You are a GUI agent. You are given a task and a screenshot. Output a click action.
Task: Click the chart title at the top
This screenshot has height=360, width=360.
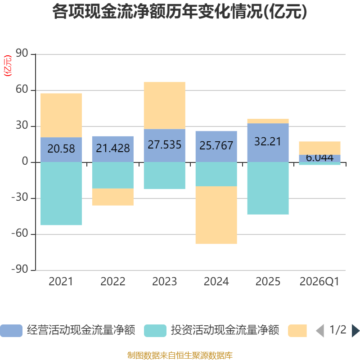[180, 12]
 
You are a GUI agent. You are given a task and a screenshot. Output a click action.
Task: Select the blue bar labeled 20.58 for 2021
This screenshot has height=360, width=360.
[61, 150]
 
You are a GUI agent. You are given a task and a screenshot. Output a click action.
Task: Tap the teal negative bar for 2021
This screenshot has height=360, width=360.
[61, 193]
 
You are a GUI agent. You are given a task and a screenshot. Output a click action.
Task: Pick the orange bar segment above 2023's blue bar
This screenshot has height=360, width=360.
[165, 105]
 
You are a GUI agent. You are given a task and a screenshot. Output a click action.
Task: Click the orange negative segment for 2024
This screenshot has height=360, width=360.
[216, 215]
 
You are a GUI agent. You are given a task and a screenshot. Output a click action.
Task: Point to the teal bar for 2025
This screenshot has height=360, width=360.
[268, 188]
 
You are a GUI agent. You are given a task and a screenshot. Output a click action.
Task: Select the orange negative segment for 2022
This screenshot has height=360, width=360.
[113, 197]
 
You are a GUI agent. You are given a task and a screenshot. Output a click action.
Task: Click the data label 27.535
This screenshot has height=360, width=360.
[165, 144]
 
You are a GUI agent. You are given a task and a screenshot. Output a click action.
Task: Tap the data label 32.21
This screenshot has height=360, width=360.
[268, 141]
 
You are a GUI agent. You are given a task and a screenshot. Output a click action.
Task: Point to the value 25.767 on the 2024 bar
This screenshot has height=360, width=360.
[216, 145]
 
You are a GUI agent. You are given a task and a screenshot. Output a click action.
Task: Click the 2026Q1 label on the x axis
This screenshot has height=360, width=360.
[319, 282]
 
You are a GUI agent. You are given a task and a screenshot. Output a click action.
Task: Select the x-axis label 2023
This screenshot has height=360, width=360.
[165, 282]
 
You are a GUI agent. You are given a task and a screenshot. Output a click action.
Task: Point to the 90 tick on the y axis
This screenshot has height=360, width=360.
[22, 53]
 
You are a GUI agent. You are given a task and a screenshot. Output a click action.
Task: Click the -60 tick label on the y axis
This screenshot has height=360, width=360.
[20, 234]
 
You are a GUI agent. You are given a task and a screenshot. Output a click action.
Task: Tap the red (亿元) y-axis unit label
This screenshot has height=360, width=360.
[8, 66]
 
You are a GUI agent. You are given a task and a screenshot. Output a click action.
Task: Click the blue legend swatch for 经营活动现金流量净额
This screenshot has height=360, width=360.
[11, 331]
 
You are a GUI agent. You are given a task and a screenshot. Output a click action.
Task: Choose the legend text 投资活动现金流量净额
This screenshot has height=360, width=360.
[225, 330]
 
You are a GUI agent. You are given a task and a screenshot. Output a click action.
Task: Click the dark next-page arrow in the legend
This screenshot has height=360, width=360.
[356, 331]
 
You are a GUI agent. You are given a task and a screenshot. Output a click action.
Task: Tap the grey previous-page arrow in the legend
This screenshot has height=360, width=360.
[320, 331]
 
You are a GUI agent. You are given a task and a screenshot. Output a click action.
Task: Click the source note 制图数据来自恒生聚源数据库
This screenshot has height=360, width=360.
[180, 355]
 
